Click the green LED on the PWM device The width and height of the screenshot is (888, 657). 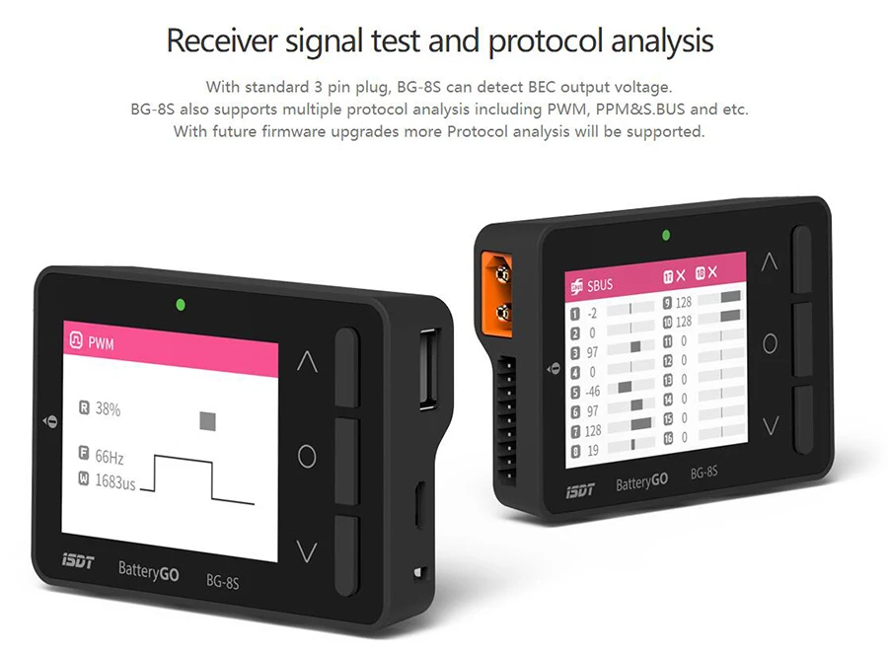181,305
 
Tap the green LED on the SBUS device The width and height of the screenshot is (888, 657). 666,235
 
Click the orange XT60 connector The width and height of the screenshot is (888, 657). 496,295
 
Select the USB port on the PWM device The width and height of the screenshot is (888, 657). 428,368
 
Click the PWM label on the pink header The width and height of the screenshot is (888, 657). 101,343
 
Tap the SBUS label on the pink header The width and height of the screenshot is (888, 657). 600,285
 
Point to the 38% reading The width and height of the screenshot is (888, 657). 108,409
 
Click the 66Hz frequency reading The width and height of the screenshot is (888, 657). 110,457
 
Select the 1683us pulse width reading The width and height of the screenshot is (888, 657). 115,482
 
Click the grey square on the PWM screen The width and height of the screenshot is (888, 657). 208,421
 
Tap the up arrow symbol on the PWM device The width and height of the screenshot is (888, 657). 308,361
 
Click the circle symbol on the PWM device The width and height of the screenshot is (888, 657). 307,457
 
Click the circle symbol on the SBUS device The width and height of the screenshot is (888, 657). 771,343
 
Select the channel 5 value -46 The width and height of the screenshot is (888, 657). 592,392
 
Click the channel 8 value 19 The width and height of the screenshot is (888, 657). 593,451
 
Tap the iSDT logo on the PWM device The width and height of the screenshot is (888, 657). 78,561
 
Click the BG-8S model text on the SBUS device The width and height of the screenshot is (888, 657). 703,473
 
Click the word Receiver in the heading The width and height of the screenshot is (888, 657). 222,41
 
